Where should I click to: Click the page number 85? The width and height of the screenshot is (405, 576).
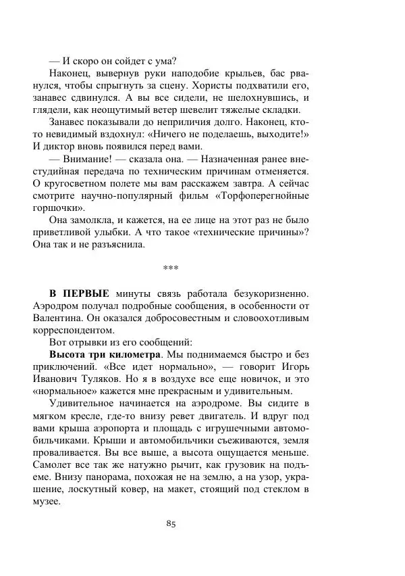tap(169, 525)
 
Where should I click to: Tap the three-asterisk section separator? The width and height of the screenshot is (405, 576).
tap(170, 268)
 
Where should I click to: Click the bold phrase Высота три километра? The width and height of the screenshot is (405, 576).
tap(105, 354)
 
